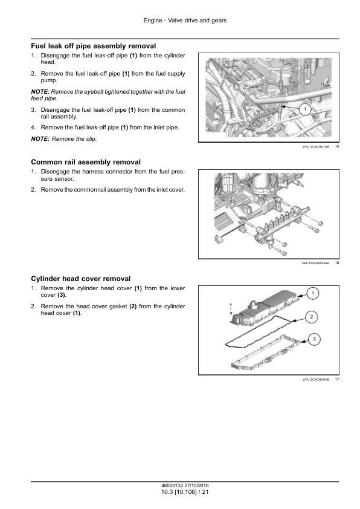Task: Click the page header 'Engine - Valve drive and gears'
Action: tap(185, 21)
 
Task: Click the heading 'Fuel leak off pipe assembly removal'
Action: tap(94, 46)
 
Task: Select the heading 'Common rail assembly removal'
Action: tap(86, 162)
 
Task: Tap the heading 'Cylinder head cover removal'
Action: tap(81, 279)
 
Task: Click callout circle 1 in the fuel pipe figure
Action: tap(305, 109)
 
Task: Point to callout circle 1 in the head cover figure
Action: tap(313, 293)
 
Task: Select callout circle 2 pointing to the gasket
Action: tap(311, 317)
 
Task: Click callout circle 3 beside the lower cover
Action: tap(314, 340)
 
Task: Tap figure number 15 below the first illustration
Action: tap(337, 147)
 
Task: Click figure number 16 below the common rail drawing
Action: tap(337, 263)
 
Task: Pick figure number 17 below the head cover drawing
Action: tap(337, 379)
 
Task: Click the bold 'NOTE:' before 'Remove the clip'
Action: tap(40, 139)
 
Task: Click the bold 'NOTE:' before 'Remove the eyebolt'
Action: tap(40, 92)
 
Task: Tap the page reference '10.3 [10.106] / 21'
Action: tap(185, 492)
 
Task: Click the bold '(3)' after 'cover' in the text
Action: tap(61, 295)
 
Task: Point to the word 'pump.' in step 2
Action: tap(49, 80)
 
